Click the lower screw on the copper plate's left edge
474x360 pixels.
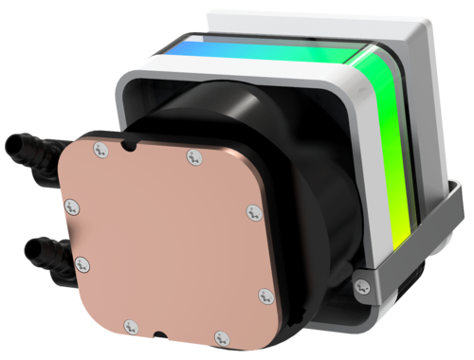[81, 263]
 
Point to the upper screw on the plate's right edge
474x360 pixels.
[251, 211]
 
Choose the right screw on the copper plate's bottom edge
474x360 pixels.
[221, 335]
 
